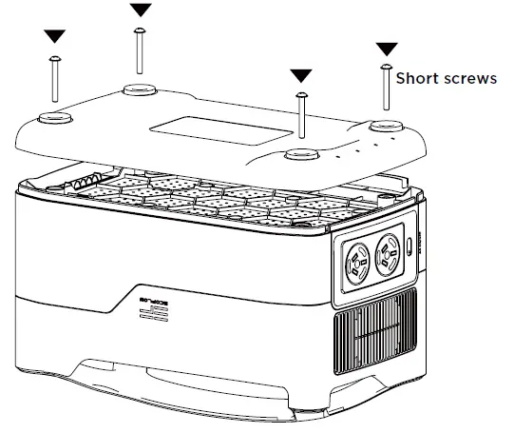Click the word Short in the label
[x=417, y=79]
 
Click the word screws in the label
[x=470, y=79]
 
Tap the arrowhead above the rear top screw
[x=141, y=10]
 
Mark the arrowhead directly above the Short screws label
[x=387, y=49]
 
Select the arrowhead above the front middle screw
[x=301, y=75]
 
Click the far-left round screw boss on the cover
[x=53, y=117]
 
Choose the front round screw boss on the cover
[x=301, y=154]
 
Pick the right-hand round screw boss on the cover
[x=384, y=128]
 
